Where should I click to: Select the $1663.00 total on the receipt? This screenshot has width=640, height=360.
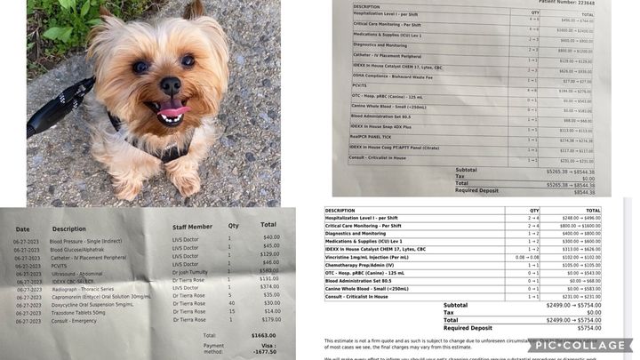point(261,334)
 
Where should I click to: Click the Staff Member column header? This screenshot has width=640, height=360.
point(194,228)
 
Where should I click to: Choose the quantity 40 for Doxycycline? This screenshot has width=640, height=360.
point(230,304)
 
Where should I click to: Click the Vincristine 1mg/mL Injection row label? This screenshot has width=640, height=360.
point(367,257)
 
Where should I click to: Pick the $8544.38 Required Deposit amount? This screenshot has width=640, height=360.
point(584,190)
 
